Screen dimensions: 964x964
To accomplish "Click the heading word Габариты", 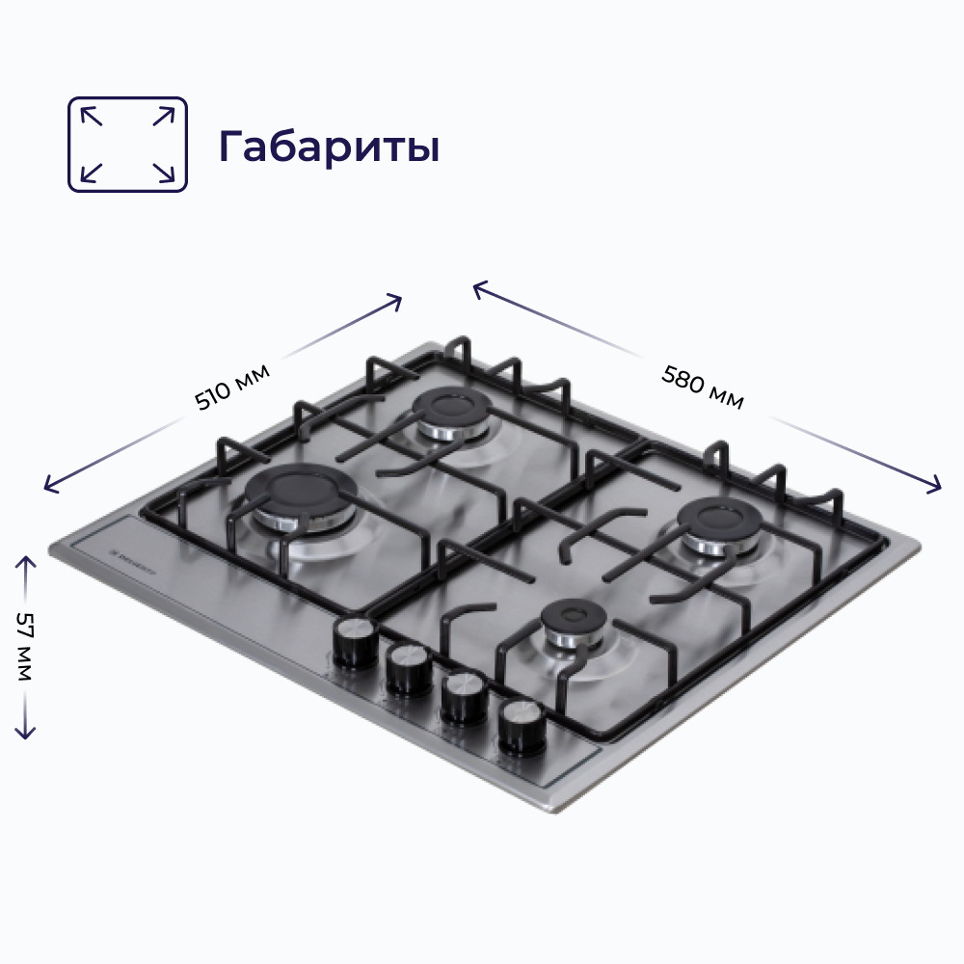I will coord(329,146).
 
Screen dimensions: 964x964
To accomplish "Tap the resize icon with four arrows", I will coord(127,144).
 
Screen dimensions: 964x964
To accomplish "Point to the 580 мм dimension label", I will coord(703,388).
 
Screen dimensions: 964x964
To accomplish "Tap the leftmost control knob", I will coord(356,642).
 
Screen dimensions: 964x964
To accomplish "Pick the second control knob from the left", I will coord(410,668).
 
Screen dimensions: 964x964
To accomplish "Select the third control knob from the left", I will coord(464,697).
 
